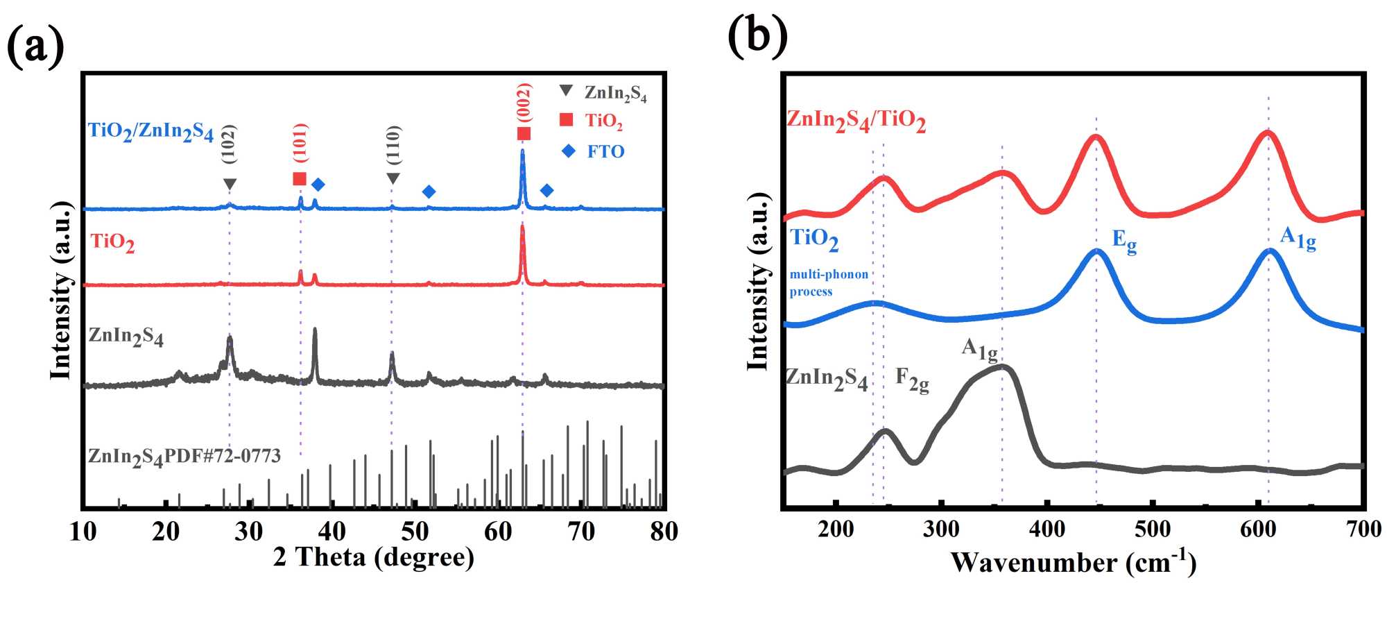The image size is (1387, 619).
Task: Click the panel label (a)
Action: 35,46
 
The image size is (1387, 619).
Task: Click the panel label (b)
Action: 757,35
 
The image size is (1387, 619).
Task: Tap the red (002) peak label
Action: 524,102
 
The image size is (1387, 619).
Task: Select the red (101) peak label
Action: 300,143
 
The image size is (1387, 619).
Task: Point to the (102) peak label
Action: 229,144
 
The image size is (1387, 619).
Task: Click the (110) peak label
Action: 393,145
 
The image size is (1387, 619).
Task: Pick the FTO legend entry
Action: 605,151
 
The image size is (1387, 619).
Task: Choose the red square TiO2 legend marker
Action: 567,120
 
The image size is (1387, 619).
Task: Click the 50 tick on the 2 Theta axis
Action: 415,532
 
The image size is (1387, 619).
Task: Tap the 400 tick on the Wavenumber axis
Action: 1046,529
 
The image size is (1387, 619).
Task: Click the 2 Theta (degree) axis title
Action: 374,557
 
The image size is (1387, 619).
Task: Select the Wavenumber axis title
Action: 1073,561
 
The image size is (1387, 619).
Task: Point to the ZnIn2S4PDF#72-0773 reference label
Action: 184,457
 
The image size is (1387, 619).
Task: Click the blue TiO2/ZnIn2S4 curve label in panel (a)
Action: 150,131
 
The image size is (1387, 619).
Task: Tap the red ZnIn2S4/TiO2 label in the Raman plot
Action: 856,120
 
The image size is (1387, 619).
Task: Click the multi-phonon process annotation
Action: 829,282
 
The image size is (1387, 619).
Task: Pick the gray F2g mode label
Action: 912,379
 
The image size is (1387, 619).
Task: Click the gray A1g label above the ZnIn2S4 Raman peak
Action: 979,349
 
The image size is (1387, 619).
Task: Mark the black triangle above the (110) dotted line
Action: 393,179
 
